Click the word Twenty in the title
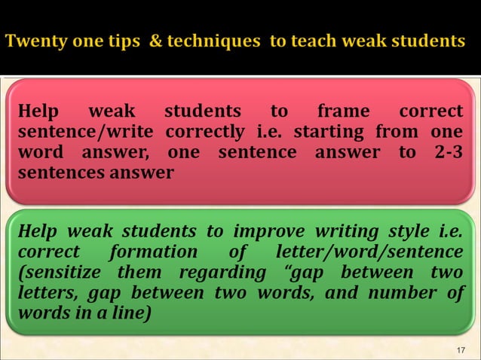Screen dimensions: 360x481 click(x=33, y=41)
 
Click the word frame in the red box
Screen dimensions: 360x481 click(x=343, y=111)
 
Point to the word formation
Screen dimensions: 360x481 click(x=153, y=252)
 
